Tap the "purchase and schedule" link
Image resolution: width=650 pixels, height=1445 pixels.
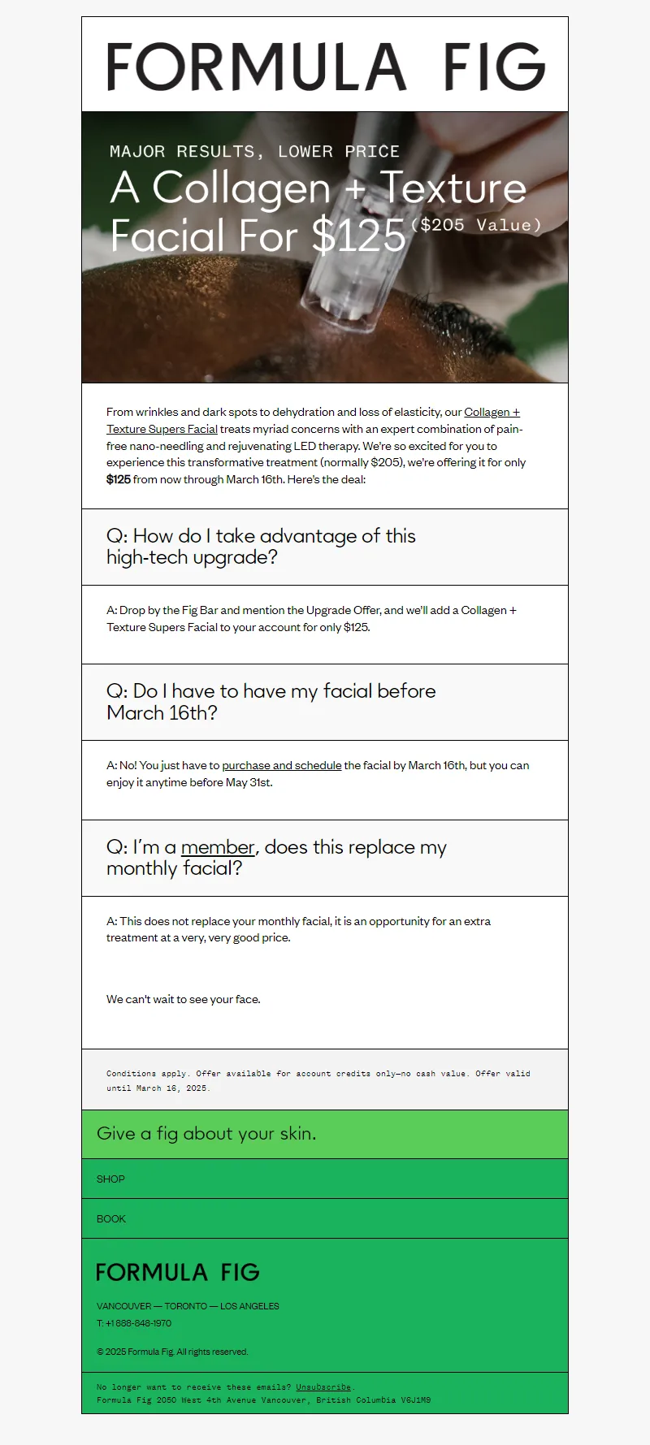(281, 765)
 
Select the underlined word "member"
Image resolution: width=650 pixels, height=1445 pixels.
(218, 847)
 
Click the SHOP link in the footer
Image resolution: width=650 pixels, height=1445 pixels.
(110, 1179)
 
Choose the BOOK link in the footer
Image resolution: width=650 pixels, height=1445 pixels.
(111, 1218)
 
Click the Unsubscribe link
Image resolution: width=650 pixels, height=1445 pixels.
(323, 1387)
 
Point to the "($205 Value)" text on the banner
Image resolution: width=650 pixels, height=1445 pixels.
(476, 225)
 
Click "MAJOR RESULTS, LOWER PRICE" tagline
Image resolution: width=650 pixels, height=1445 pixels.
(254, 152)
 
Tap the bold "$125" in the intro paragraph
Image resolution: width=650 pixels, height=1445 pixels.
(119, 479)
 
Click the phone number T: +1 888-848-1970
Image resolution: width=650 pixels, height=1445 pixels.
(134, 1323)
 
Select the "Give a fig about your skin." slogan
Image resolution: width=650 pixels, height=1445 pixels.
(206, 1134)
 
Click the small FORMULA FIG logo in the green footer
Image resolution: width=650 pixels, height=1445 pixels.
(178, 1272)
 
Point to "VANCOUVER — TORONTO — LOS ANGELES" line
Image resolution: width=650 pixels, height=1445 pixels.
(188, 1306)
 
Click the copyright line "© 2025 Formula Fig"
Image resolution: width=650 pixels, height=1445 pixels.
(172, 1352)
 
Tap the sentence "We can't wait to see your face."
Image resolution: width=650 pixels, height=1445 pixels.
(184, 999)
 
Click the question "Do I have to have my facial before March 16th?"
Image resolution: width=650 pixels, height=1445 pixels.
(271, 702)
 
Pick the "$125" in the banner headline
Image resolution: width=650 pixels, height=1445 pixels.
(359, 236)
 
